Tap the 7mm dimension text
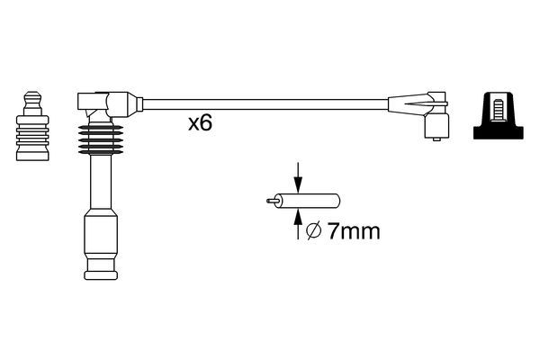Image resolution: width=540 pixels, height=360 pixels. [x=351, y=231]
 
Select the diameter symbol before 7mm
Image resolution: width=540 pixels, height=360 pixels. [x=312, y=232]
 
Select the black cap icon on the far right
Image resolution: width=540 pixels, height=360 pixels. [x=499, y=117]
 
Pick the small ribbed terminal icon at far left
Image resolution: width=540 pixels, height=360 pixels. [x=31, y=130]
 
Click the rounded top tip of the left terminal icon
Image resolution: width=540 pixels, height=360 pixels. [x=31, y=94]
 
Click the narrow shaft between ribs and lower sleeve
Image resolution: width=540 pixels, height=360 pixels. [x=97, y=184]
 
